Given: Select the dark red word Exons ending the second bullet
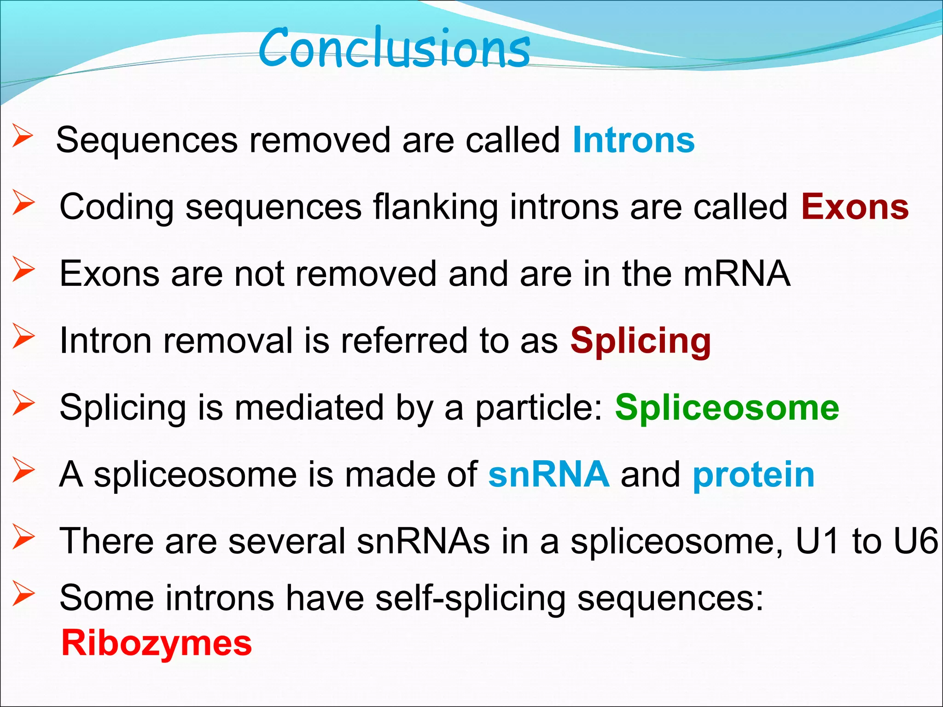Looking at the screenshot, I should click(855, 207).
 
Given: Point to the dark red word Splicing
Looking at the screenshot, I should click(640, 342).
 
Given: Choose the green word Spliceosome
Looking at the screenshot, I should click(727, 408).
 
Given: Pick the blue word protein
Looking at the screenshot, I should click(754, 475).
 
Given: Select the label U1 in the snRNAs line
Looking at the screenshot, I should click(818, 541).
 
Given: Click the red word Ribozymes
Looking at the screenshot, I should click(157, 643).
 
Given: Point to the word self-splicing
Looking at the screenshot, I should click(470, 598).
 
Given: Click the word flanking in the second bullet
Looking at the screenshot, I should click(435, 207).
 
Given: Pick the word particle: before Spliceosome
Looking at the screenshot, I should click(539, 408).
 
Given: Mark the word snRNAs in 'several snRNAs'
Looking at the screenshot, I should click(423, 541).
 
